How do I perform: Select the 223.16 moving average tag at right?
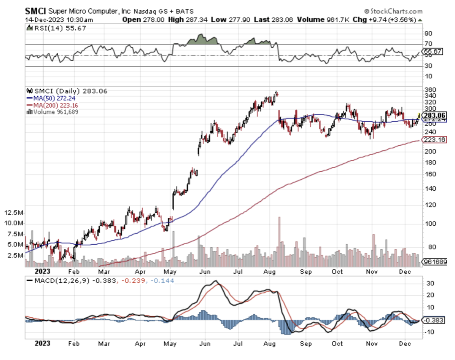pyautogui.click(x=434, y=140)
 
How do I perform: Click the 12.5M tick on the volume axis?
pyautogui.click(x=14, y=212)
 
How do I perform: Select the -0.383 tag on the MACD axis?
pyautogui.click(x=434, y=320)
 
